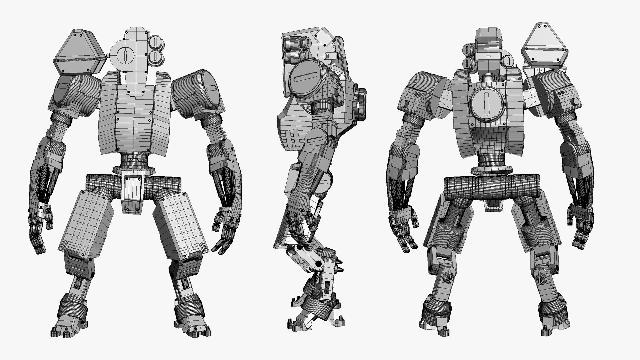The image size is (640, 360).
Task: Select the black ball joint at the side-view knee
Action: pyautogui.click(x=318, y=264)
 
